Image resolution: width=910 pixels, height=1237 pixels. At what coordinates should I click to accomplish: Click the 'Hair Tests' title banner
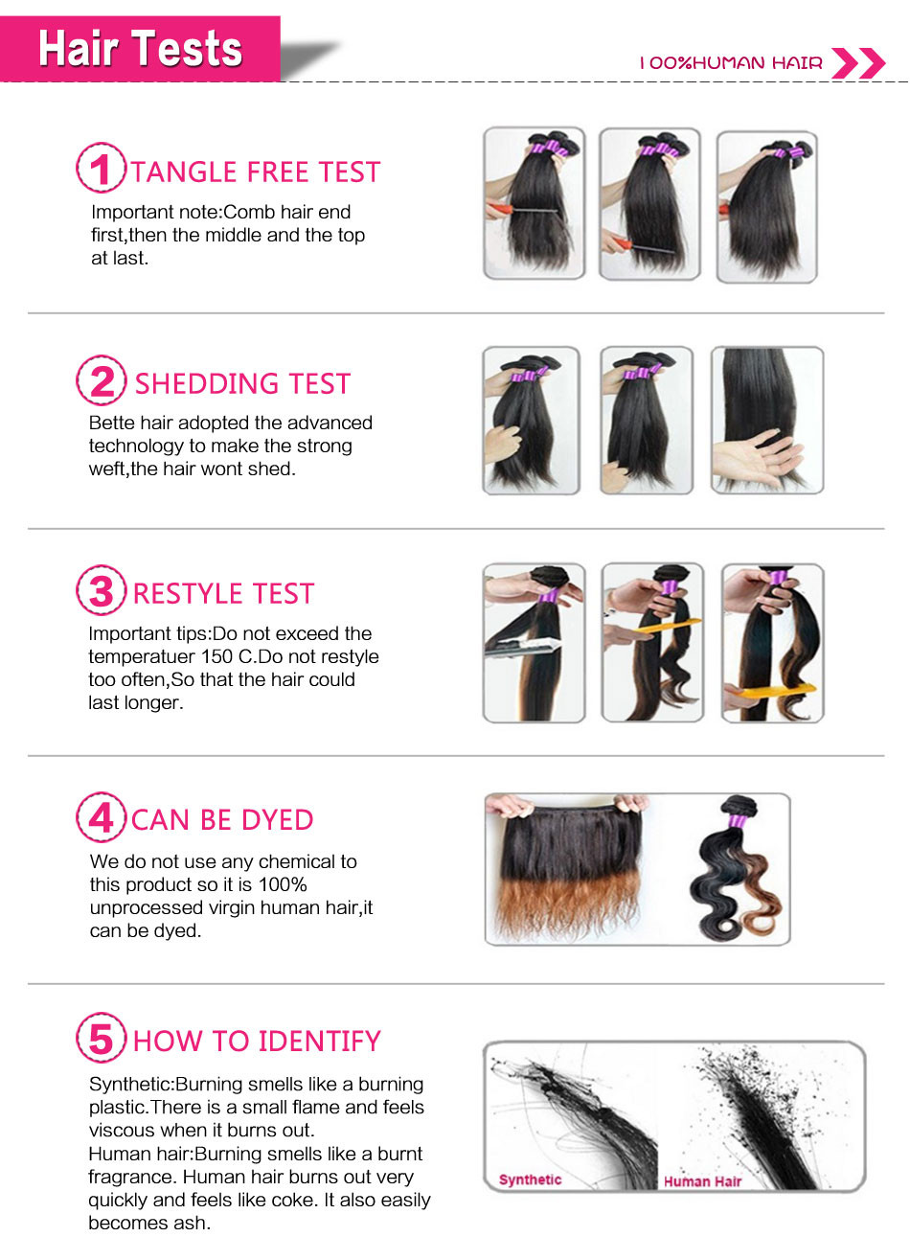140,49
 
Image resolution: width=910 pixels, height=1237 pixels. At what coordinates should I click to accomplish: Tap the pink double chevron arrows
858,63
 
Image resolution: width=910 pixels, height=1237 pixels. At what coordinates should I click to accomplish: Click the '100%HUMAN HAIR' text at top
731,63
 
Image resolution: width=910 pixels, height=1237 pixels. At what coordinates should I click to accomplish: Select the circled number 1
101,168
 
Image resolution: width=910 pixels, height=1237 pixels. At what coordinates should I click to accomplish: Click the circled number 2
101,380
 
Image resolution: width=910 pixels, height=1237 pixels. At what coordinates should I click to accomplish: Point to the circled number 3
101,590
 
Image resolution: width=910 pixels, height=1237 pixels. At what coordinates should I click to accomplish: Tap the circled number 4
101,816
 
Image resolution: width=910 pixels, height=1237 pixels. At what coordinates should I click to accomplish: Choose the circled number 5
101,1037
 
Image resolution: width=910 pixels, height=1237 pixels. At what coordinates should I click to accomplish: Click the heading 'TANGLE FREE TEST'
256,172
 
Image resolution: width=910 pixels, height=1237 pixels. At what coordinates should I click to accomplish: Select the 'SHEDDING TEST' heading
243,383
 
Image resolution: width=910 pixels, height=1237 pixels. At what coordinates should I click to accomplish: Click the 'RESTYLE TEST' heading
223,594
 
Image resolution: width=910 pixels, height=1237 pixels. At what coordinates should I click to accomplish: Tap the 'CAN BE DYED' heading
222,819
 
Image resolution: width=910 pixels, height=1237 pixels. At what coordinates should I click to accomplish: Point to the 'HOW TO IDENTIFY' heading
257,1041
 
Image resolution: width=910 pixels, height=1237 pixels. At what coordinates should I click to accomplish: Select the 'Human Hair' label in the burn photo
702,1181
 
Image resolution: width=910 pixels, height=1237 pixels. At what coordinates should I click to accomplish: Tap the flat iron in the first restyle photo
522,648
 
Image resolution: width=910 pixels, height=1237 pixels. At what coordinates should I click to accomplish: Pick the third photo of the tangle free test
767,207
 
